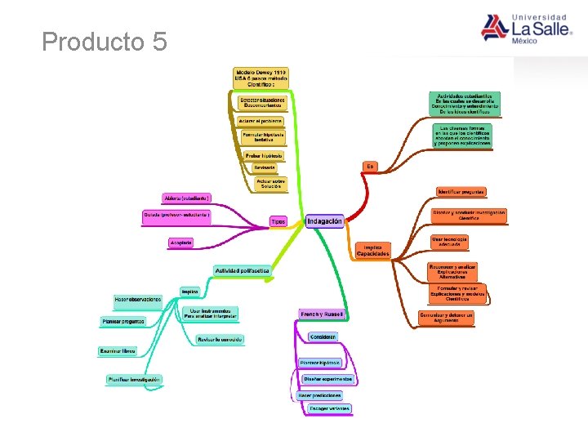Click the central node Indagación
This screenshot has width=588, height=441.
325,220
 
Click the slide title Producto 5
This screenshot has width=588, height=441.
105,42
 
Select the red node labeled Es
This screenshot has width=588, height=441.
370,166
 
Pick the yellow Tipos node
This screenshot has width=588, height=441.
278,221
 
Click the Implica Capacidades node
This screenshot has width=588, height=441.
372,251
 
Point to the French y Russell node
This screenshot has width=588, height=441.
323,314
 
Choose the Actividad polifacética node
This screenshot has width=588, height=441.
242,270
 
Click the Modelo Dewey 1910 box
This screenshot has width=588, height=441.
261,78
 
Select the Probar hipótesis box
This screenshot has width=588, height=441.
265,155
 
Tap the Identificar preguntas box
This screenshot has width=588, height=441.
461,192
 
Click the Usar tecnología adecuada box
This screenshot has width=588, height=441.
450,242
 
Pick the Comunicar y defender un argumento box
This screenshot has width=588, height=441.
446,318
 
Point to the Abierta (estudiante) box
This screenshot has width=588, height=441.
187,198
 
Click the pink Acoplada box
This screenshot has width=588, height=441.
180,242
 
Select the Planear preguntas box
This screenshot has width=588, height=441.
124,322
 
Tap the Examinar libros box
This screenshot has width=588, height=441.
118,352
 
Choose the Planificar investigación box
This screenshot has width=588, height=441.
135,379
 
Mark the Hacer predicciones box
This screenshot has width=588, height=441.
319,395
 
